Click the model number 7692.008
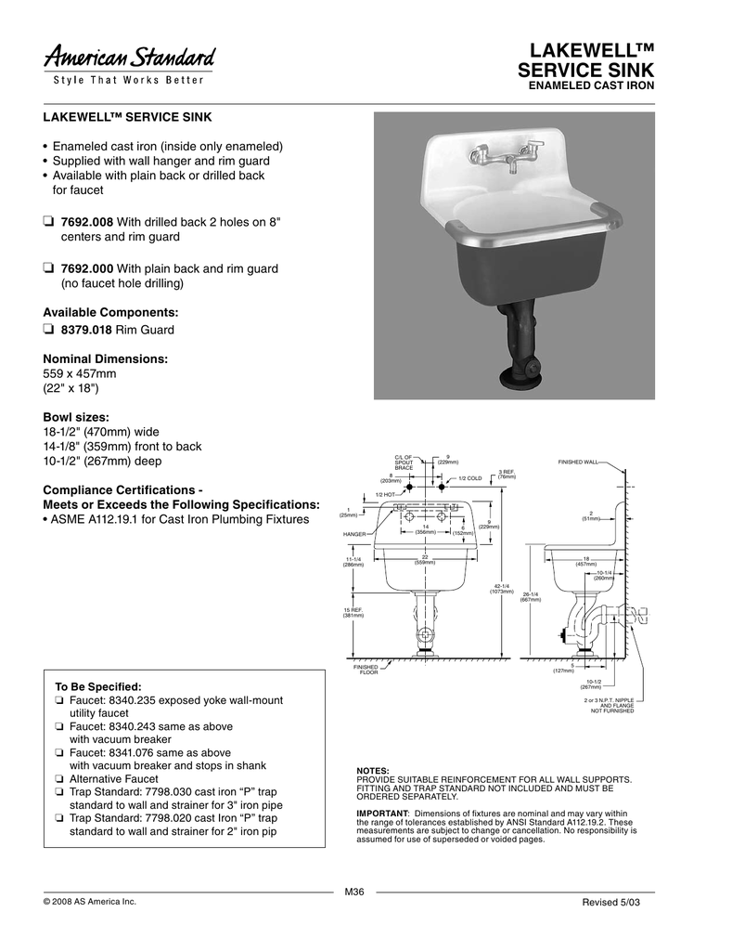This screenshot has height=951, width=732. (84, 222)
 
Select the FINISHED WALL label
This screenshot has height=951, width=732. (579, 462)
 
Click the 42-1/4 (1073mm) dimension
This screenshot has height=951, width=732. (504, 589)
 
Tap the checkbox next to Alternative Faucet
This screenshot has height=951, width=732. (59, 780)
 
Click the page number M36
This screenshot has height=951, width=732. (353, 892)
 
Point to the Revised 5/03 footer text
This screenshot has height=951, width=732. (617, 903)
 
